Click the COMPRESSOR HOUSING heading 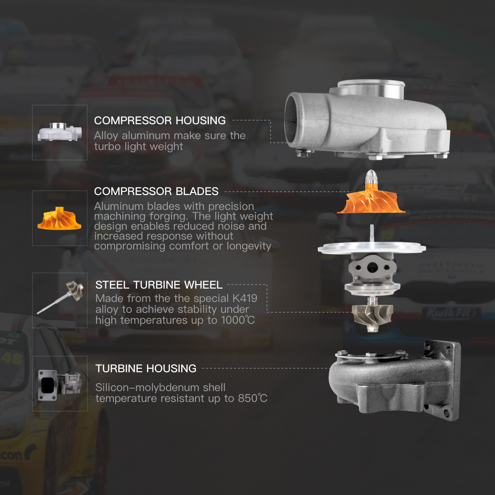pos(160,120)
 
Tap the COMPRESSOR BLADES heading pos(156,191)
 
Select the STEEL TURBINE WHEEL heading pos(159,285)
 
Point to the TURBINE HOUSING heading pos(146,368)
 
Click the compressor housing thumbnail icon pos(60,132)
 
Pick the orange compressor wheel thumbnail pos(59,218)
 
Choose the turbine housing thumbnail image pos(59,385)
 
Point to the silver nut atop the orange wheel pos(371,177)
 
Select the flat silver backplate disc pos(372,248)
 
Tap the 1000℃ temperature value pos(238,320)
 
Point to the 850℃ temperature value pos(252,398)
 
